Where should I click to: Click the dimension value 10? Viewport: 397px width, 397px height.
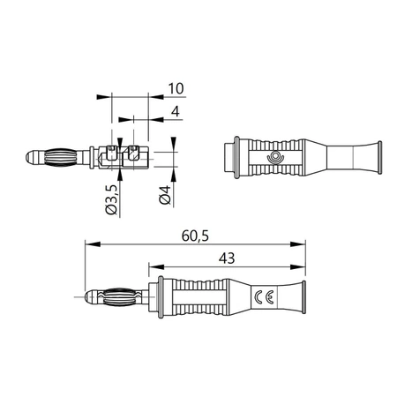tap(176, 88)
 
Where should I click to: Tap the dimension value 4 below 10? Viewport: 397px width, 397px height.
tap(176, 112)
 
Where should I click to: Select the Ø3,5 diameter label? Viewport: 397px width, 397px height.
tap(112, 200)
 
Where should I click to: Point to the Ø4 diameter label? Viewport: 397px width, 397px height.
tap(165, 195)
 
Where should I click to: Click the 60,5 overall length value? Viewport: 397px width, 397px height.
tap(195, 236)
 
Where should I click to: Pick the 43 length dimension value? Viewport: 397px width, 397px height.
tap(227, 258)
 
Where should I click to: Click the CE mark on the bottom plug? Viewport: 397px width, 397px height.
tap(264, 297)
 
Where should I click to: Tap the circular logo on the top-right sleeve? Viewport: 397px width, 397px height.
tap(275, 157)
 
